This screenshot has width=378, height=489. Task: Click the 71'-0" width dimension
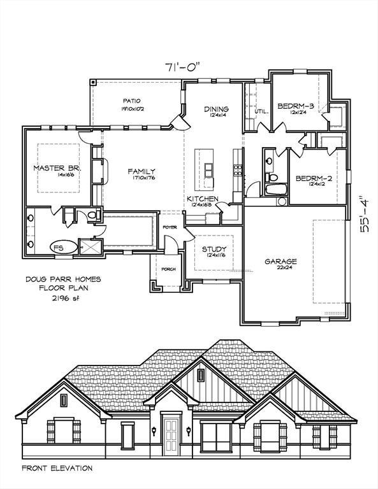(184, 66)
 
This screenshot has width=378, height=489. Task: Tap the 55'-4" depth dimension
(365, 215)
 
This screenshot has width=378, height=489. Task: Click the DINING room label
(216, 109)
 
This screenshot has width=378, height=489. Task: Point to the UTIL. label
(261, 111)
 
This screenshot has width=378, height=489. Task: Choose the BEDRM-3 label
(295, 106)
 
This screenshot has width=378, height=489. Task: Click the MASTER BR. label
(54, 168)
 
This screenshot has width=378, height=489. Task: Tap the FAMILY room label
(141, 171)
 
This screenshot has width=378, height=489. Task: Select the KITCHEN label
(202, 199)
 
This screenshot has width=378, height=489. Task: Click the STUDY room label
(214, 249)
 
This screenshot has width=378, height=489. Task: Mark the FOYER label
(170, 227)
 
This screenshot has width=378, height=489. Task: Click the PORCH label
(168, 269)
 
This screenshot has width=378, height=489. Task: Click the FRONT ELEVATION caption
(57, 468)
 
